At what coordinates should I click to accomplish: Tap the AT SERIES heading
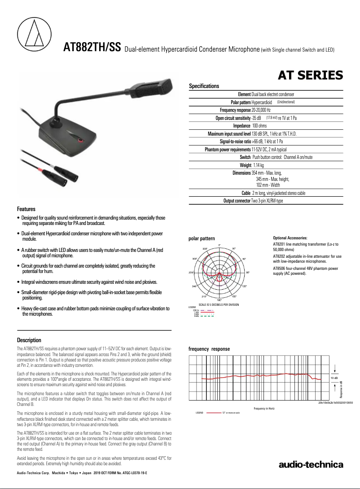pos(311,75)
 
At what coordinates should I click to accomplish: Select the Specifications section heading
pos(204,86)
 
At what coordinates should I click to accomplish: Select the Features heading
pos(26,209)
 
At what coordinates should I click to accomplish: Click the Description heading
pos(29,340)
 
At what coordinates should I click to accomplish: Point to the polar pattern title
pos(202,238)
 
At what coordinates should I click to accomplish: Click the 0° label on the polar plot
pos(220,245)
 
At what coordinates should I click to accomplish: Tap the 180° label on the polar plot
pos(220,300)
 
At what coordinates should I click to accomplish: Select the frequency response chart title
pos(209,349)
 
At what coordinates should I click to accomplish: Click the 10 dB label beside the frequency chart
pos(334,379)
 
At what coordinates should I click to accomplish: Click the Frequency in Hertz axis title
pos(264,408)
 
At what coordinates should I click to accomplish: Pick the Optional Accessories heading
pos(290,238)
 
